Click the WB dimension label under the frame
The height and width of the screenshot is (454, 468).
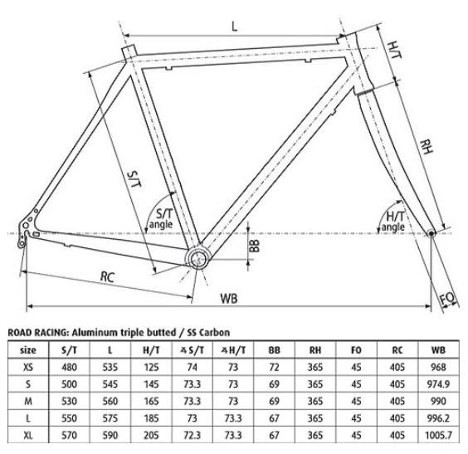coord(229,299)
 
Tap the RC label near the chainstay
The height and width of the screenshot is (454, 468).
coord(107,277)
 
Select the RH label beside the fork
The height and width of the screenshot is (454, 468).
coord(426,147)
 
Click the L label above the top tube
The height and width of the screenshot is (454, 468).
coord(235,27)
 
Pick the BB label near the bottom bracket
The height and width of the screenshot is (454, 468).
coord(254,246)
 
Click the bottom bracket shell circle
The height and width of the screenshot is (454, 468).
coord(197,258)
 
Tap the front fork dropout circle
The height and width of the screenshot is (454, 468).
coord(431,233)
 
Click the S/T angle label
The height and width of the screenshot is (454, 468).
coord(162,219)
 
